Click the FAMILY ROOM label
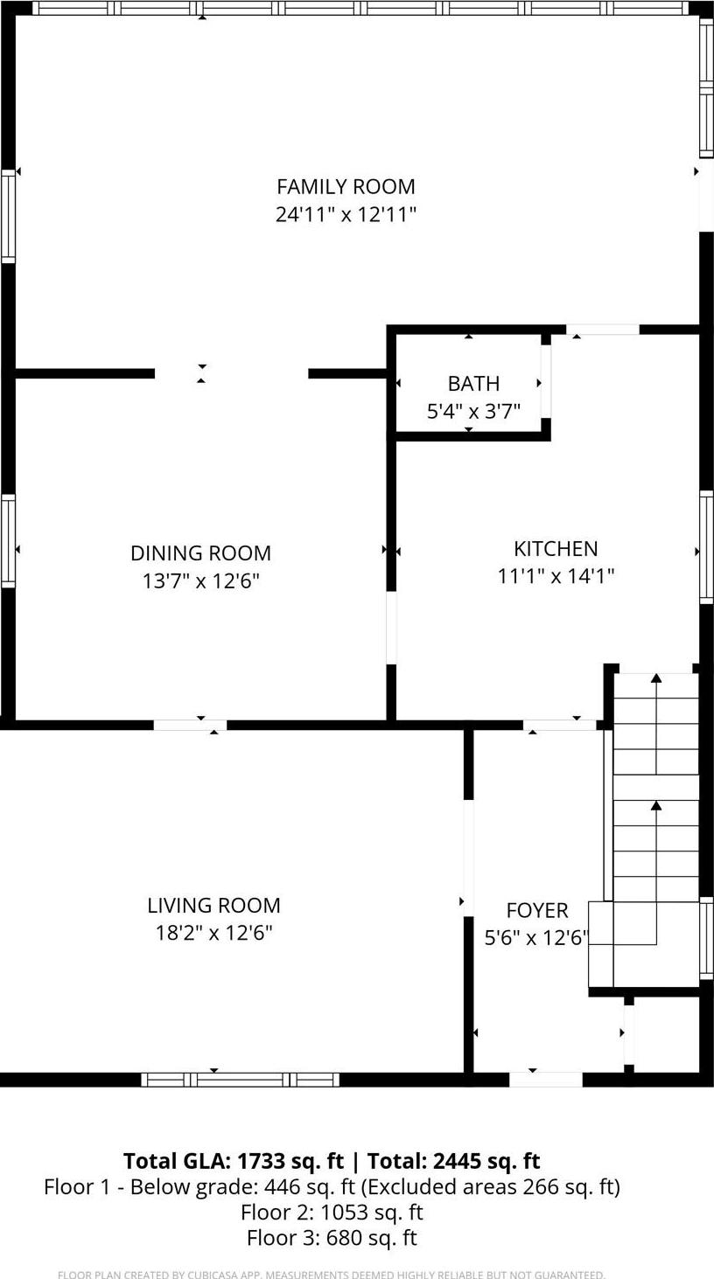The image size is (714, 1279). (346, 186)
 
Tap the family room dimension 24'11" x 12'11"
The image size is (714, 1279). (346, 214)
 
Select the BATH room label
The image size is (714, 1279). (473, 383)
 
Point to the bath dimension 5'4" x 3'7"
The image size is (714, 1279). (473, 411)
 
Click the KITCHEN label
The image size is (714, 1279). (556, 548)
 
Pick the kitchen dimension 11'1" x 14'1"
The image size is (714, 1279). (556, 576)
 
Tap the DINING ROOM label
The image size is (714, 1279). (200, 553)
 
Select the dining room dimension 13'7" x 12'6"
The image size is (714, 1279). (200, 580)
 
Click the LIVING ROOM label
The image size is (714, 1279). (213, 905)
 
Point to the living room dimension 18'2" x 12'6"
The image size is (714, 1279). (213, 933)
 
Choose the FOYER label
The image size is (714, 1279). (537, 910)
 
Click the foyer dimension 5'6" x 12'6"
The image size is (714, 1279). (536, 938)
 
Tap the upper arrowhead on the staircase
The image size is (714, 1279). (656, 678)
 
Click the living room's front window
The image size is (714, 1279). (240, 1080)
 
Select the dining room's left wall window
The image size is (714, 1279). (8, 540)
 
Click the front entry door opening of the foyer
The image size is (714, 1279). (545, 1080)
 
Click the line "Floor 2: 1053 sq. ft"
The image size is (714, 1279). (332, 1213)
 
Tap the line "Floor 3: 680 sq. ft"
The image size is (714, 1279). (332, 1238)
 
